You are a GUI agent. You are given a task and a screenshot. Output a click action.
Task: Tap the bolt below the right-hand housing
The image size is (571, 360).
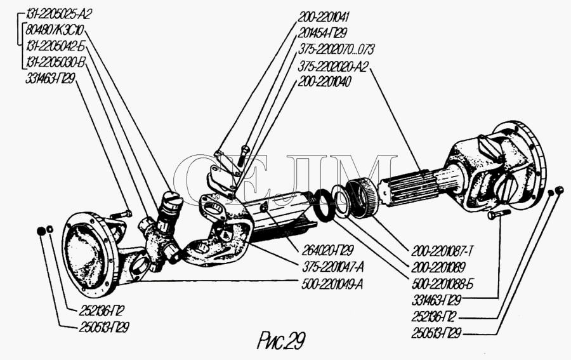[x=496, y=216]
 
